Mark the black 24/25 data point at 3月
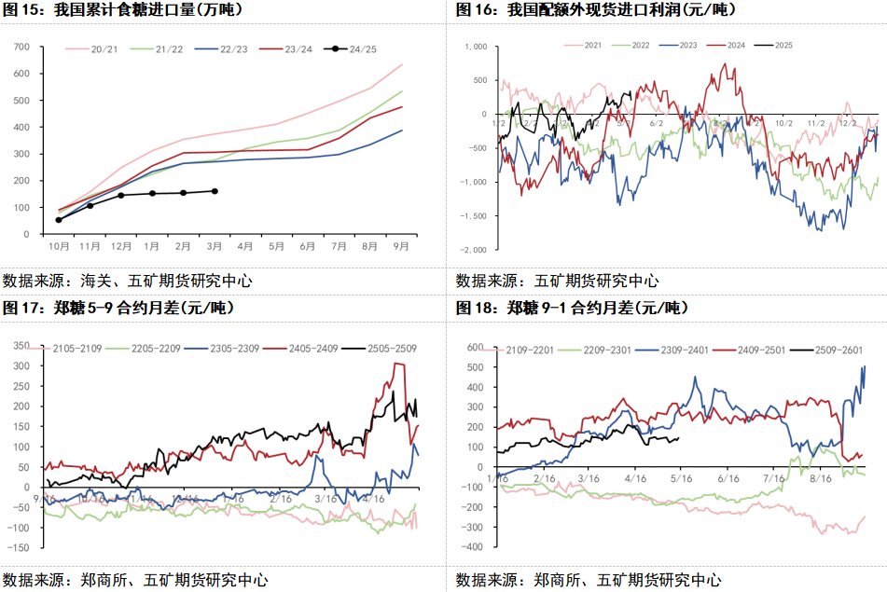215,191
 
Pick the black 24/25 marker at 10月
59,220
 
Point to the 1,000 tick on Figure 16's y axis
476,46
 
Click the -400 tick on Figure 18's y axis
474,547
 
